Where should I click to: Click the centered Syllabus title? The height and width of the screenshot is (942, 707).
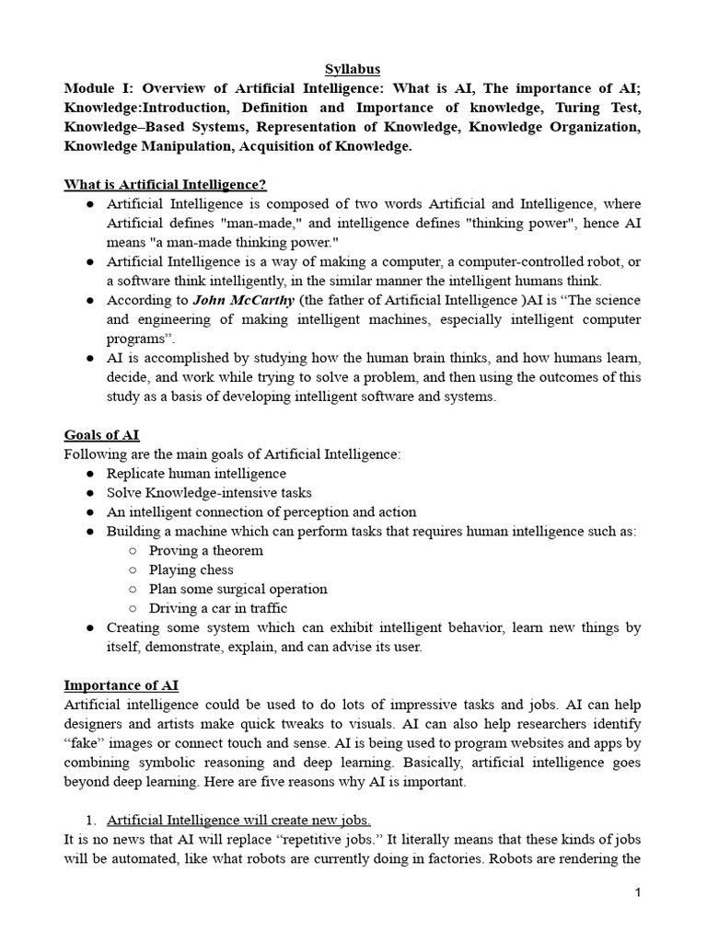click(353, 69)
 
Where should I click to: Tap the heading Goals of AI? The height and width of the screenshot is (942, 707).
click(101, 434)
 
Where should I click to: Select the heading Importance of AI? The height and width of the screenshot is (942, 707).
click(121, 685)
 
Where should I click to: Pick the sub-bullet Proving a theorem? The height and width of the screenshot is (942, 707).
click(206, 550)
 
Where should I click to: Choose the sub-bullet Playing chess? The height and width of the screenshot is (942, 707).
click(191, 569)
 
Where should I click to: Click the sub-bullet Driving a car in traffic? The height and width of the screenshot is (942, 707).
click(218, 608)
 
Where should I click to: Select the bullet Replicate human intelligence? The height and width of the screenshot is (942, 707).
click(196, 473)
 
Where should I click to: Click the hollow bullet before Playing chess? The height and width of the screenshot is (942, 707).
click(133, 569)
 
